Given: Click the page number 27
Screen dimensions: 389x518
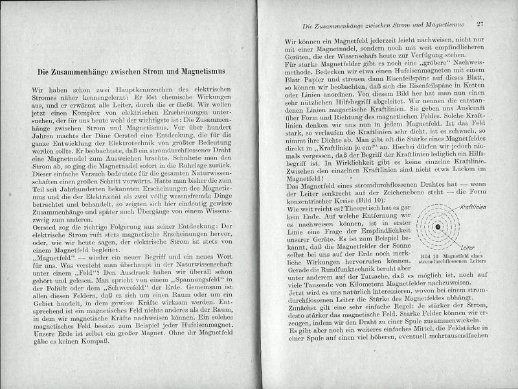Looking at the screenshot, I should coord(480,25).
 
